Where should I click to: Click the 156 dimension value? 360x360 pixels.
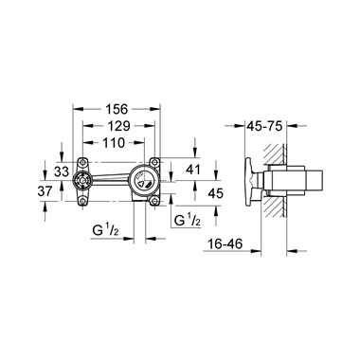pyautogui.click(x=117, y=109)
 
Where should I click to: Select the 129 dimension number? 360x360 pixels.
pyautogui.click(x=118, y=126)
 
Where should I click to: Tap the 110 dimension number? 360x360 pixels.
pyautogui.click(x=114, y=142)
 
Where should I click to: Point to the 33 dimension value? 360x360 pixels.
pyautogui.click(x=62, y=172)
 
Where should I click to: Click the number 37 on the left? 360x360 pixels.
pyautogui.click(x=45, y=191)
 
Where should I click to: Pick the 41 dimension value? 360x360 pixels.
pyautogui.click(x=193, y=170)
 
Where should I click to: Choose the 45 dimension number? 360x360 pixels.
pyautogui.click(x=216, y=192)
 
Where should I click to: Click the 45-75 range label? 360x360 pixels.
pyautogui.click(x=264, y=126)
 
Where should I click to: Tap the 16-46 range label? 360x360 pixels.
pyautogui.click(x=225, y=243)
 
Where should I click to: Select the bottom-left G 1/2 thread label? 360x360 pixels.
pyautogui.click(x=105, y=230)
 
